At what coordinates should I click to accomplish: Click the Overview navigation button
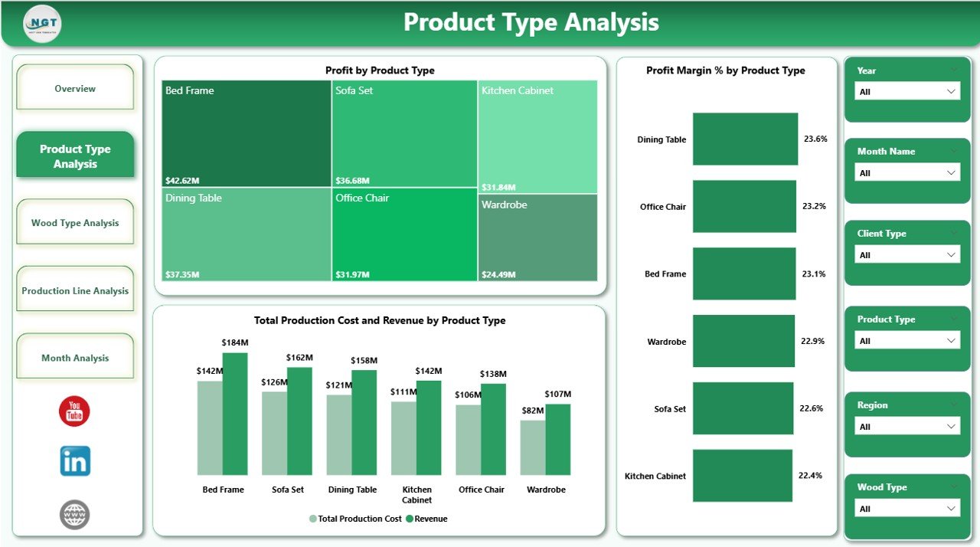click(x=75, y=88)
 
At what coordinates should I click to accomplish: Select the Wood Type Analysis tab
click(x=75, y=223)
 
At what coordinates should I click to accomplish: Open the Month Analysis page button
click(x=75, y=358)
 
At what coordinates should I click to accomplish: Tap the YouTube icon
click(x=74, y=411)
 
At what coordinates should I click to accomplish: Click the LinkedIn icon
click(x=75, y=461)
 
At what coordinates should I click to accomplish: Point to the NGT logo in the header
click(x=42, y=24)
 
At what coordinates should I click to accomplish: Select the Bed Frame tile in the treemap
click(x=246, y=133)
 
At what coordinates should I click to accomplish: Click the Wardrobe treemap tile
click(x=538, y=237)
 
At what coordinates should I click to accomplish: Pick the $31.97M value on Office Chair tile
click(x=352, y=274)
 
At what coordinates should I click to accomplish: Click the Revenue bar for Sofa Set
click(x=299, y=421)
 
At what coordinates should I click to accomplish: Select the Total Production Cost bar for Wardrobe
click(x=533, y=447)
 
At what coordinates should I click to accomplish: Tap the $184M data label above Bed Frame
click(x=235, y=342)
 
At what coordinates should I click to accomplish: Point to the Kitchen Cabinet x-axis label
click(x=416, y=495)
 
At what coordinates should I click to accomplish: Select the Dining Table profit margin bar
click(x=745, y=139)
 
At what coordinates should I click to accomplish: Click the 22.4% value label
click(x=810, y=476)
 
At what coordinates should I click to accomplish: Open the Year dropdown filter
click(x=906, y=91)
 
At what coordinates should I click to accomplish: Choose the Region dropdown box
click(x=906, y=427)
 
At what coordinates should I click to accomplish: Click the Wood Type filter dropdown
click(x=906, y=509)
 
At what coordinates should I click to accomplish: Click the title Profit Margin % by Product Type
click(x=725, y=70)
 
